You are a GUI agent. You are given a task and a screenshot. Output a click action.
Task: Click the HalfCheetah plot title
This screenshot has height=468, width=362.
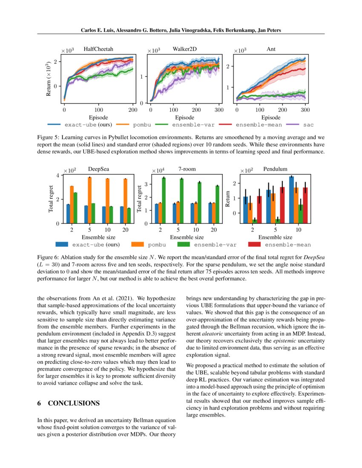point(98,49)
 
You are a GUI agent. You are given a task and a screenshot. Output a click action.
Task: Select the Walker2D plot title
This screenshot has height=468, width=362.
point(184,49)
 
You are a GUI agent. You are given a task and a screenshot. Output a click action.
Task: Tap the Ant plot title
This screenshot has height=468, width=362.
point(271,49)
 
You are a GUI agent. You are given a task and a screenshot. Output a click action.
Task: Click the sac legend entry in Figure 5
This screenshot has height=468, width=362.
point(302,125)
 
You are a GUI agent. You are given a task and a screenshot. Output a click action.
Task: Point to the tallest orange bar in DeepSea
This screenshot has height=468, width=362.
point(89,200)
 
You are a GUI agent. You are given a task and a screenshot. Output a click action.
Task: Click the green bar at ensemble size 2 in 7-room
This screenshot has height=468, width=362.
point(164,200)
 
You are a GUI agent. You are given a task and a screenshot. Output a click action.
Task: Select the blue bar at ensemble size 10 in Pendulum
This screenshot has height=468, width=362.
point(291,200)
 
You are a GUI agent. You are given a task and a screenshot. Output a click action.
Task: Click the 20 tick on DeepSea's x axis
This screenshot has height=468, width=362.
point(126,230)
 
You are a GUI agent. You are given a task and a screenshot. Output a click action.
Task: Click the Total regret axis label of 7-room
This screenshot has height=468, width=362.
point(138,199)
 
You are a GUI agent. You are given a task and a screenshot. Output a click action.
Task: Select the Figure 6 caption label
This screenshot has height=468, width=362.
point(50,257)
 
